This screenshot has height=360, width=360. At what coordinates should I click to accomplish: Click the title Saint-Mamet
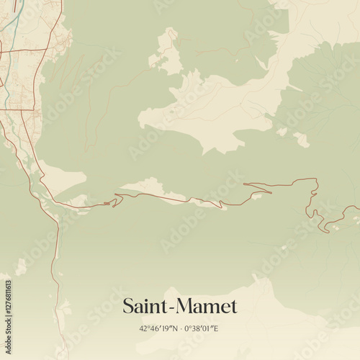179,306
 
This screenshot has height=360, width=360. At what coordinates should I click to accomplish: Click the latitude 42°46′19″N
158,329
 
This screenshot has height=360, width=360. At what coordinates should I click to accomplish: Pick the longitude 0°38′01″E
201,329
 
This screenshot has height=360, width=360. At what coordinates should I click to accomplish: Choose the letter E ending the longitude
216,329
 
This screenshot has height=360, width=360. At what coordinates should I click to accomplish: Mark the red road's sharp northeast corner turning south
315,179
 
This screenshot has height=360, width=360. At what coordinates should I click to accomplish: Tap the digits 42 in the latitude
143,329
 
